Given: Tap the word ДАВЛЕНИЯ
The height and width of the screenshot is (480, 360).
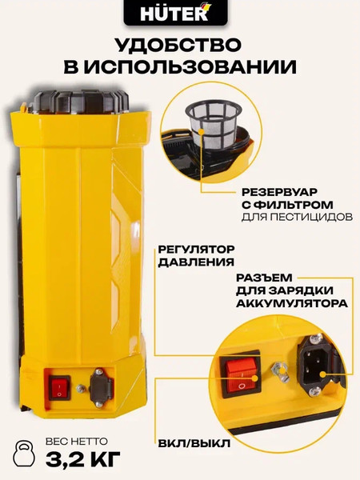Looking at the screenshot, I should pos(190,262).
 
